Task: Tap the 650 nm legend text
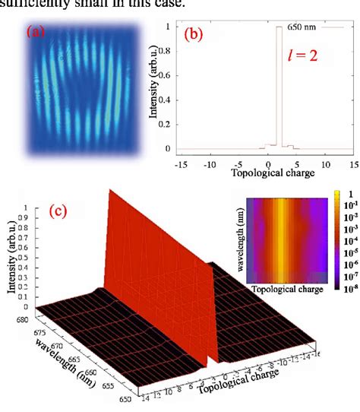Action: coord(298,27)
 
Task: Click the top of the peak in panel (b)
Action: coord(279,27)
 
